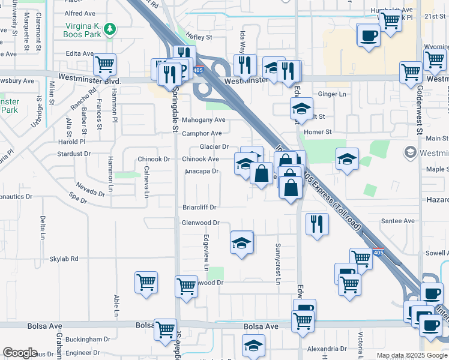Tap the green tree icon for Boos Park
pyautogui.click(x=109, y=28)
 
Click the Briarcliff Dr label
pyautogui.click(x=199, y=208)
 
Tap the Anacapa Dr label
pyautogui.click(x=202, y=172)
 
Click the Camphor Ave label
pyautogui.click(x=202, y=133)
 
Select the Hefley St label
pyautogui.click(x=199, y=37)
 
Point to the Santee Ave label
pyautogui.click(x=402, y=221)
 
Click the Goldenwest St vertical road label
pyautogui.click(x=419, y=119)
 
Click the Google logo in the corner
pyautogui.click(x=20, y=353)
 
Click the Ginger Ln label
pyautogui.click(x=333, y=94)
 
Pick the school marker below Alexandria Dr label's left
pyautogui.click(x=254, y=346)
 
